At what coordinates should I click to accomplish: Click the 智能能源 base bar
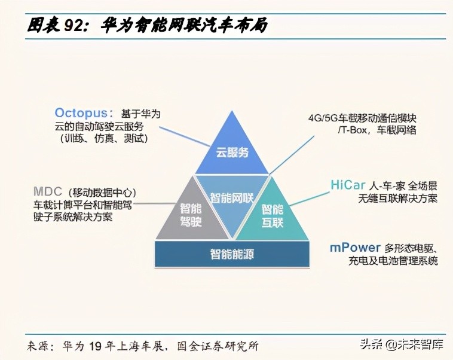232,254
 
